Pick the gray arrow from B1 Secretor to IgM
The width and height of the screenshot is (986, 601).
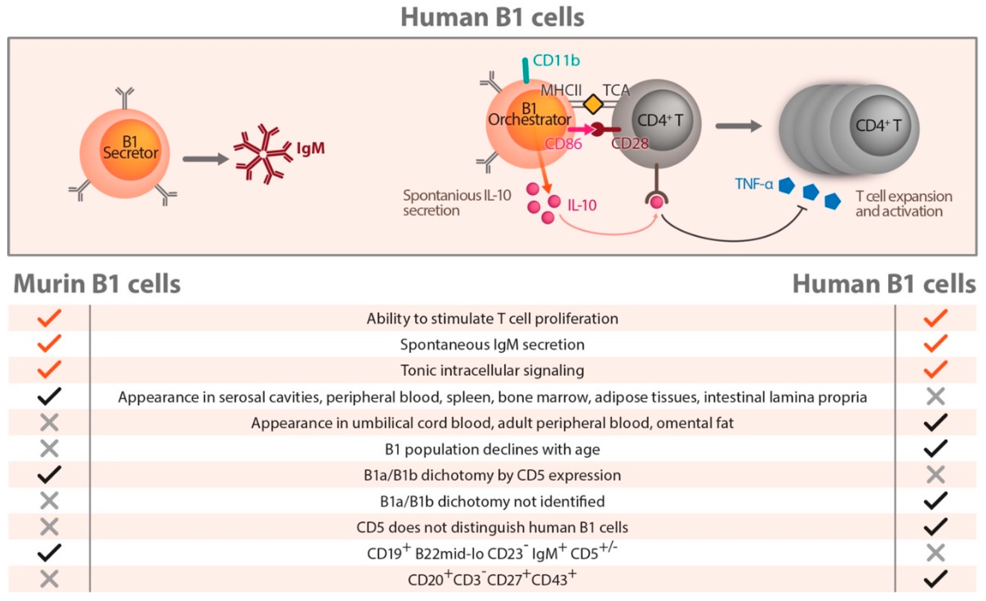click(x=205, y=159)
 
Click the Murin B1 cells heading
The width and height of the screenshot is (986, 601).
click(x=97, y=284)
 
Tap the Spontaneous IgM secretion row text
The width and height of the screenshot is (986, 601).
click(x=492, y=344)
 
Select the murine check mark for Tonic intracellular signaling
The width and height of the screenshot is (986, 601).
click(x=49, y=369)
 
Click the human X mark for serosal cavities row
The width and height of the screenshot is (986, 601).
click(x=935, y=396)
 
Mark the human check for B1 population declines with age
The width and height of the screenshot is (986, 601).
click(x=935, y=448)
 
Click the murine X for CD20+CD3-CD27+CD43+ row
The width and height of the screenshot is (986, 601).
click(x=49, y=579)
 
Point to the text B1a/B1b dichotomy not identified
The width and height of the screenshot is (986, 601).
click(x=492, y=501)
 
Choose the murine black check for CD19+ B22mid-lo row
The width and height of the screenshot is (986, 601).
click(x=49, y=553)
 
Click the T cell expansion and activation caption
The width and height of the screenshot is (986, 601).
click(x=904, y=204)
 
